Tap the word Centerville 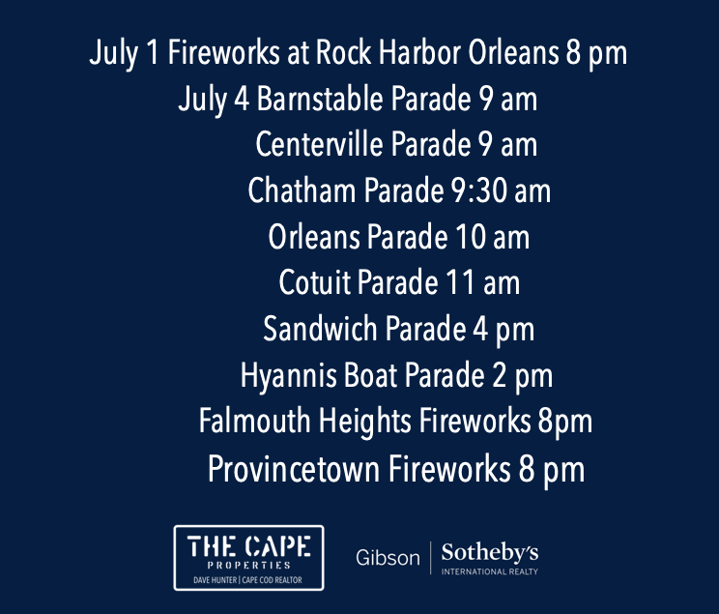click(x=319, y=144)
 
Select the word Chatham click(x=302, y=190)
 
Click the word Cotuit click(x=315, y=282)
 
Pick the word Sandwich click(x=320, y=328)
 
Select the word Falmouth click(x=254, y=421)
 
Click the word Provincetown click(x=294, y=468)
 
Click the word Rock click(x=343, y=52)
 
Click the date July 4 click(x=214, y=100)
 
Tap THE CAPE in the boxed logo click(x=249, y=546)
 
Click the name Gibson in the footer click(x=388, y=558)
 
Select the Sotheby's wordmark click(x=490, y=552)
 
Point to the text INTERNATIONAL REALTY click(x=490, y=571)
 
